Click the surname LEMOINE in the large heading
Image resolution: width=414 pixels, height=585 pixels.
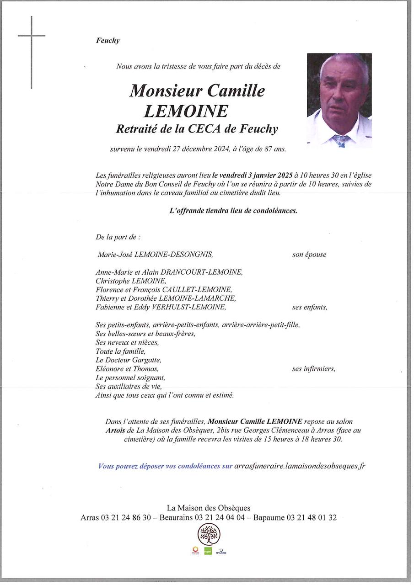[186, 112]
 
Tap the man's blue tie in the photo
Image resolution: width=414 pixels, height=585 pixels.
[340, 140]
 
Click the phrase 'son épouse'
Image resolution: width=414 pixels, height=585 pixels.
[309, 255]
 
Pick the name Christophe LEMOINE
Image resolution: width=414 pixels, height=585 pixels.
[131, 281]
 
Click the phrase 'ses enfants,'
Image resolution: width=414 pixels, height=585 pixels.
[310, 307]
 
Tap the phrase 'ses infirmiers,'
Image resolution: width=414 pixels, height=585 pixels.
[313, 369]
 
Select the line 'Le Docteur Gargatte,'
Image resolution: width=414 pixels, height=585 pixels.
[128, 360]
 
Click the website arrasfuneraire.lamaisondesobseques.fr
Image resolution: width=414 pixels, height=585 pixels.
[299, 466]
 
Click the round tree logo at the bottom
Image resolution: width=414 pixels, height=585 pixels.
[209, 534]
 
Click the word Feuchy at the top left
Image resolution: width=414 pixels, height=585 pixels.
[108, 40]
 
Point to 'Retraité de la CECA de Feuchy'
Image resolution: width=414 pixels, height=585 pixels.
[197, 129]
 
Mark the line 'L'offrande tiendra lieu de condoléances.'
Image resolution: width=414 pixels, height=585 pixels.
[233, 211]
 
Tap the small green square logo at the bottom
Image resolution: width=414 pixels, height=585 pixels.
[208, 551]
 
